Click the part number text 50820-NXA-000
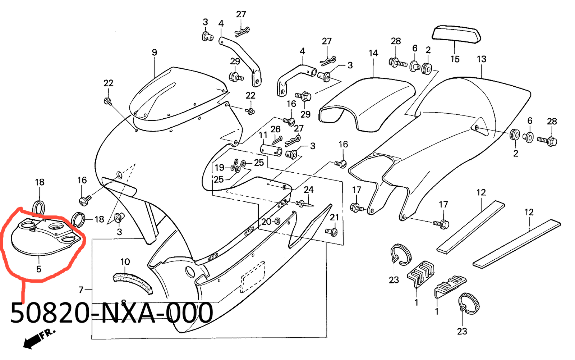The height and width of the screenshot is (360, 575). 111,313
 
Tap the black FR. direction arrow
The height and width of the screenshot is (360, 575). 32,341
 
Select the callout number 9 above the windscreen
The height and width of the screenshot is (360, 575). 155,53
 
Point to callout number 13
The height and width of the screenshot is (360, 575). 482,59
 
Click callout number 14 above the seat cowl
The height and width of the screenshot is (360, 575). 373,53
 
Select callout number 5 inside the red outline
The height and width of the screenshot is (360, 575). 39,269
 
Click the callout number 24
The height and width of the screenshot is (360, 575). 309,190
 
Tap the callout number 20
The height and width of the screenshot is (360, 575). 266,222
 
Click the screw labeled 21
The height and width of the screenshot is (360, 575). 332,232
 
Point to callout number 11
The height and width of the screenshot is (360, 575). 263,135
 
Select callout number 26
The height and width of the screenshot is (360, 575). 276,129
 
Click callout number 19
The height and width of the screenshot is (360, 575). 220,168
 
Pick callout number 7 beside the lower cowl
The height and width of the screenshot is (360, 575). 81,290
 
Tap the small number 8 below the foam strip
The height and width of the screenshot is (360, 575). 124,303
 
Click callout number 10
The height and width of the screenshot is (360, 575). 125,262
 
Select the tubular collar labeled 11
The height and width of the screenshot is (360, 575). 272,150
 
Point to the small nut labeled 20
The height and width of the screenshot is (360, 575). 277,221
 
